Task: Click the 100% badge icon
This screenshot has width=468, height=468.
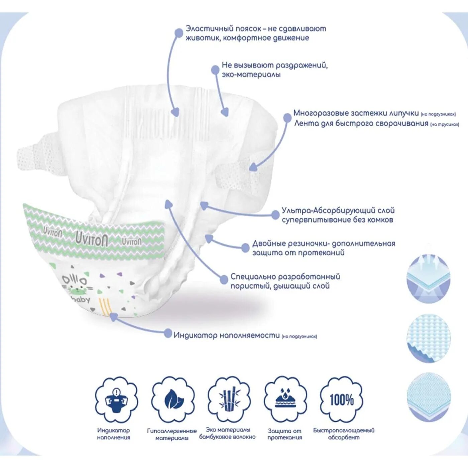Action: (341, 399)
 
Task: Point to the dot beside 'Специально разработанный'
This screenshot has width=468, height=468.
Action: (224, 279)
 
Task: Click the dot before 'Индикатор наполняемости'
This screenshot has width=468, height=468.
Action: (168, 333)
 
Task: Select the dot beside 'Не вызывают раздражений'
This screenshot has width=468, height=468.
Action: (215, 70)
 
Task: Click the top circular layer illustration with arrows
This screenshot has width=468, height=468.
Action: (429, 279)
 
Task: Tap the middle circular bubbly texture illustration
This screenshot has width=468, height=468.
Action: (429, 338)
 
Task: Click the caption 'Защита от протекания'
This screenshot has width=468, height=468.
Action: (284, 434)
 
